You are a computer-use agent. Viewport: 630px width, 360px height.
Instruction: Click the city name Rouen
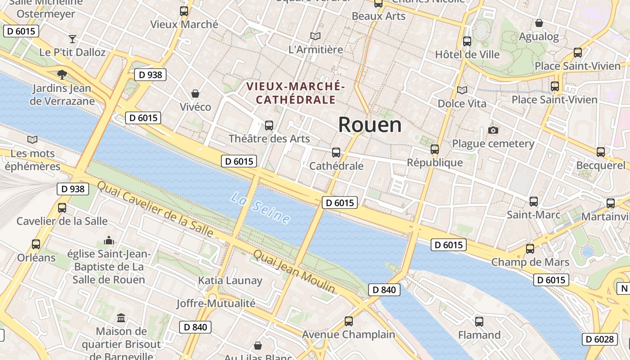[369, 125]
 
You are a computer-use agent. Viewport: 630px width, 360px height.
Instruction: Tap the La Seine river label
[261, 207]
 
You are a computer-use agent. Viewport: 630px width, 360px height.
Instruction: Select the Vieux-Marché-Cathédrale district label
[295, 93]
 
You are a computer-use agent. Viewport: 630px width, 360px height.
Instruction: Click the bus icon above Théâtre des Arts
[269, 126]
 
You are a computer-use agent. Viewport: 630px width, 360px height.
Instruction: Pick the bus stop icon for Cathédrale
[336, 153]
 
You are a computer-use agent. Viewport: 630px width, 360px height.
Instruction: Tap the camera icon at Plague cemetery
[493, 130]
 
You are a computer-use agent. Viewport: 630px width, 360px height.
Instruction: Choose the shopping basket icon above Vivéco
[195, 94]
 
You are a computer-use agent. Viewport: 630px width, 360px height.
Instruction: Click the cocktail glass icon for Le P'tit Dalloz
[72, 39]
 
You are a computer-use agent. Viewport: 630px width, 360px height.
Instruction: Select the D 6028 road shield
[599, 339]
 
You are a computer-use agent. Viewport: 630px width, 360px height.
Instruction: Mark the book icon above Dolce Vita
[462, 90]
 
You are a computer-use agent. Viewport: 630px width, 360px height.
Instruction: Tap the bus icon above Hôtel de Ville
[467, 41]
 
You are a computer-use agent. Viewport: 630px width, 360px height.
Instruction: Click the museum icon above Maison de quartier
[121, 318]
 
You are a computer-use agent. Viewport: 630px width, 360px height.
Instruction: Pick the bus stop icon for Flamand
[479, 322]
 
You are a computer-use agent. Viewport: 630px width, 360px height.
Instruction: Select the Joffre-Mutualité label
[216, 303]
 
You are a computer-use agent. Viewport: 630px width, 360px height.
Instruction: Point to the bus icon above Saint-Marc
[534, 202]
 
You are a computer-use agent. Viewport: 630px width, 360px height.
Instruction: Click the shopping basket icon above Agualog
[539, 23]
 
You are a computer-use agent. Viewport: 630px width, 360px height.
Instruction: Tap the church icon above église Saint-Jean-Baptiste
[109, 241]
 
